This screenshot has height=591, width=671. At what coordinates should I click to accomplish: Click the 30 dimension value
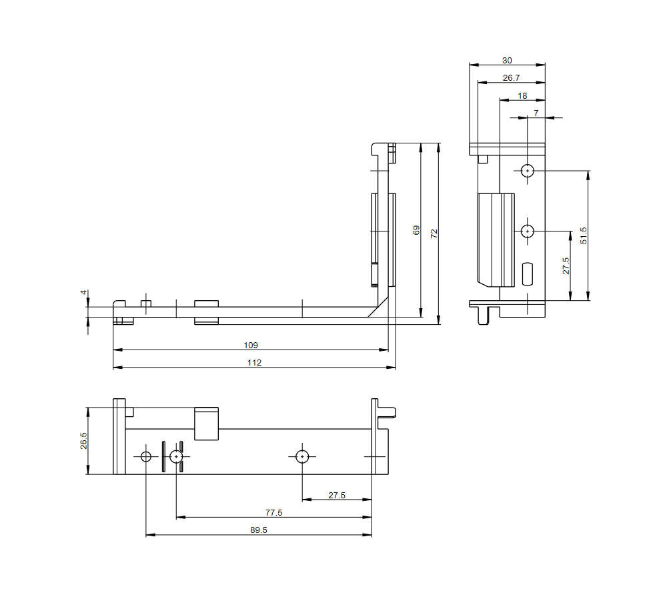click(x=507, y=60)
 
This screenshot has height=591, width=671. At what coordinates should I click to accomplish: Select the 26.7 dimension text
click(x=511, y=78)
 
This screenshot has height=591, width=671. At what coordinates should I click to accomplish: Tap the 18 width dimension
click(x=522, y=96)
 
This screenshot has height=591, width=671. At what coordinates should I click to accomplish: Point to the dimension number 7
click(x=536, y=113)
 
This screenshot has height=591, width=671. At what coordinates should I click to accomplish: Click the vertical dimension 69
click(x=416, y=230)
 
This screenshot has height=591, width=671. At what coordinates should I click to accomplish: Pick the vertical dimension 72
click(x=434, y=233)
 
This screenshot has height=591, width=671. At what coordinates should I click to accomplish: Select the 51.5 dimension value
click(x=584, y=235)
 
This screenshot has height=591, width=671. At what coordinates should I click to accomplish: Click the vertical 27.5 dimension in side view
click(x=566, y=265)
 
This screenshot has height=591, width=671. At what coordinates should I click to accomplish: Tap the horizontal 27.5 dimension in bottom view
click(x=337, y=495)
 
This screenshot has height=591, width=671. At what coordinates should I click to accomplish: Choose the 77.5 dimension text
click(x=273, y=513)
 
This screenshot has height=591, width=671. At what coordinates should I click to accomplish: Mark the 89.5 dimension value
click(x=259, y=530)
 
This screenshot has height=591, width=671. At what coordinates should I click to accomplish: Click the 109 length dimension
click(x=251, y=346)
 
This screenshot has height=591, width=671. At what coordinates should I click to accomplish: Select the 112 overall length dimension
click(x=254, y=363)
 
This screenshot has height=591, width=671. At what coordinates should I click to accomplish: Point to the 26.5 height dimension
click(x=83, y=441)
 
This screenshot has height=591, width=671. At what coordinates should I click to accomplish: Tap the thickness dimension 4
click(x=83, y=292)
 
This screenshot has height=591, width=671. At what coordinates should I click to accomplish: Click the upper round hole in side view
click(x=528, y=171)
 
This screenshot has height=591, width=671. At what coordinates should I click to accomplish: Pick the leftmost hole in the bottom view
click(x=146, y=456)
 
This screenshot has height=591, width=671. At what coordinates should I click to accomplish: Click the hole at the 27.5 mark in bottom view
click(x=302, y=456)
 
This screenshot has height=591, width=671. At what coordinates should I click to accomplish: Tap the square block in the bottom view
click(x=206, y=424)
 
